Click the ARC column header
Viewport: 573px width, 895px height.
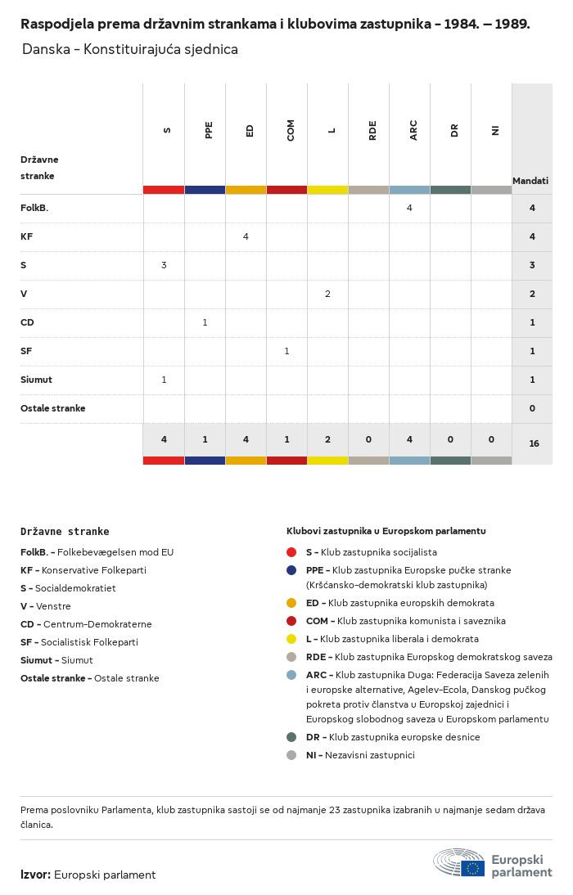(413, 130)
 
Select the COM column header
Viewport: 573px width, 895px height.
(291, 130)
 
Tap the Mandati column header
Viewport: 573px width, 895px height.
(530, 180)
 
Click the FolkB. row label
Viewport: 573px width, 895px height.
(34, 208)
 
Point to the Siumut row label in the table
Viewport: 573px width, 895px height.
(36, 380)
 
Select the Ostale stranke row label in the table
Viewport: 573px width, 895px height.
(52, 408)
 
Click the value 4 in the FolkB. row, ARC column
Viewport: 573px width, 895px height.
(409, 208)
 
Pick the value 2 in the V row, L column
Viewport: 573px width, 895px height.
(327, 294)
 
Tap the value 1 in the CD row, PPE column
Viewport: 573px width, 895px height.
(205, 322)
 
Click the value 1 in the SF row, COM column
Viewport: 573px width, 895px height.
(286, 351)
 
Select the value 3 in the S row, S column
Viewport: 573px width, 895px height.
(164, 265)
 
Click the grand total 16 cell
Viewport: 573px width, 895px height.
(534, 443)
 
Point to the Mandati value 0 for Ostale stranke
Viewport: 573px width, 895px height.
(532, 408)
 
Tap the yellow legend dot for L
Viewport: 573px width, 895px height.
(291, 639)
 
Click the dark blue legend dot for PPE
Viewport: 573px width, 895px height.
(291, 569)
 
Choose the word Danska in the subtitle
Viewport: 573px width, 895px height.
(46, 49)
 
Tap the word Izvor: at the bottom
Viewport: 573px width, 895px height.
(35, 875)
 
